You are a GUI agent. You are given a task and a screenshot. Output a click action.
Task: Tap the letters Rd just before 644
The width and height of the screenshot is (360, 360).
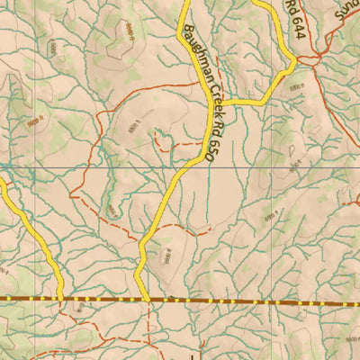pyautogui.click(x=292, y=6)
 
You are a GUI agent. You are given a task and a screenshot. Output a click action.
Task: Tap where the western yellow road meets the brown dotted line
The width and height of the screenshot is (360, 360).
pyautogui.click(x=59, y=296)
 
